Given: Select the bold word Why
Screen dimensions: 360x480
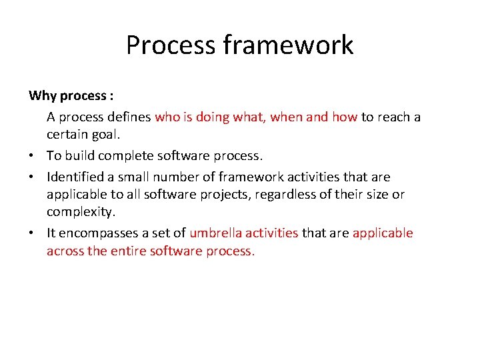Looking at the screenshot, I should (x=43, y=95).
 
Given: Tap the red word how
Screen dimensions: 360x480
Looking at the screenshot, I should (x=345, y=117).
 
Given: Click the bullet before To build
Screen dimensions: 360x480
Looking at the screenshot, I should (x=32, y=156).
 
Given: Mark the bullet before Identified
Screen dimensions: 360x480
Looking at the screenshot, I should (x=32, y=177).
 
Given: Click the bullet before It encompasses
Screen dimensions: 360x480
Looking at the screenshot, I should (x=32, y=233).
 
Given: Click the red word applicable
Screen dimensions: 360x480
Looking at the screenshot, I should (x=383, y=233).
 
